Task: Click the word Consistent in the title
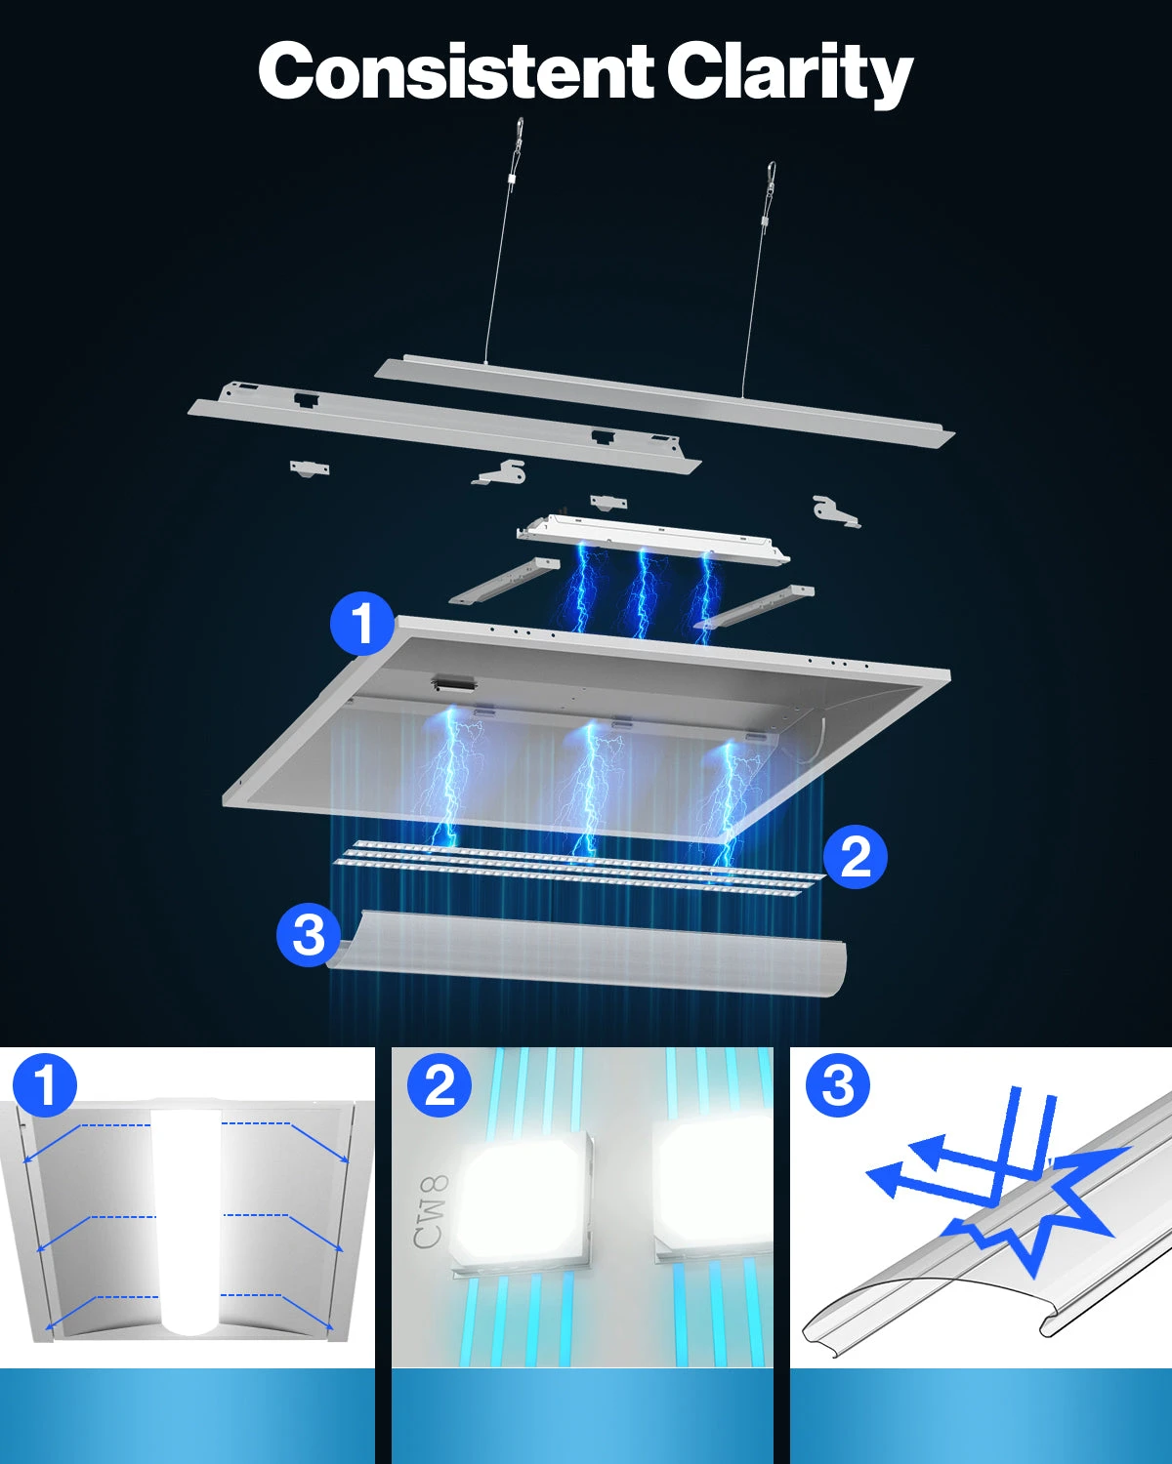coord(454,70)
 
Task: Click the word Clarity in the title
coord(789,72)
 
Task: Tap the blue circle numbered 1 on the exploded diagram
coord(362,623)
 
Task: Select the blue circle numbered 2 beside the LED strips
coord(856,856)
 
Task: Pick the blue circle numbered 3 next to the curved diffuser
coord(309,934)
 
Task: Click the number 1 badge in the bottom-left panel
coord(45,1085)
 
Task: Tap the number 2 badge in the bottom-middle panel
coord(439,1085)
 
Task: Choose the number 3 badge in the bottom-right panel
coord(838,1085)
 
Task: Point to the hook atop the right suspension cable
coord(771,174)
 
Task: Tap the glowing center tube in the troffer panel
coord(186,1217)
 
